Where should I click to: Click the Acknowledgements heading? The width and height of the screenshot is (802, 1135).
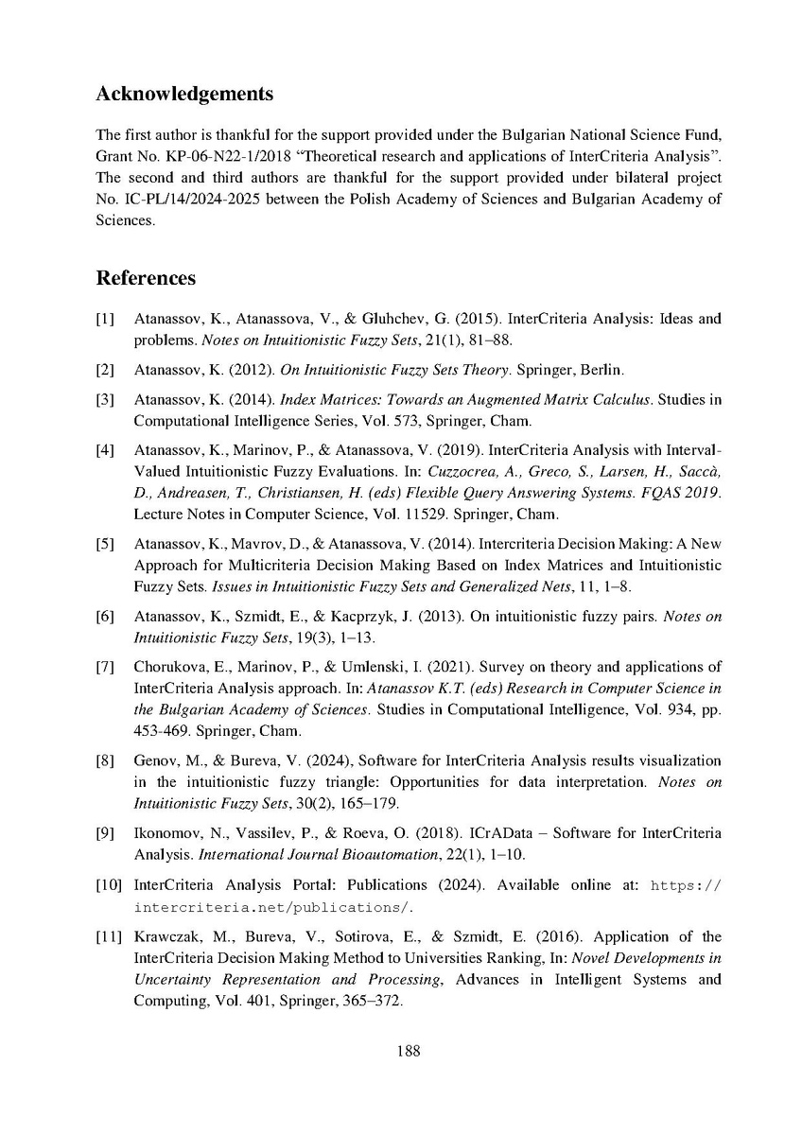tap(184, 95)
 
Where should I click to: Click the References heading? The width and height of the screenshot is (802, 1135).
tap(146, 278)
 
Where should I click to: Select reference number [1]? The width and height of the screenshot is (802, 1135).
tap(105, 319)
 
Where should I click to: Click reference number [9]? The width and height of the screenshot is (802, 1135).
tap(105, 833)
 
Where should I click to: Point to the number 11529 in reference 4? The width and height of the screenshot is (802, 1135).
tap(444, 515)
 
